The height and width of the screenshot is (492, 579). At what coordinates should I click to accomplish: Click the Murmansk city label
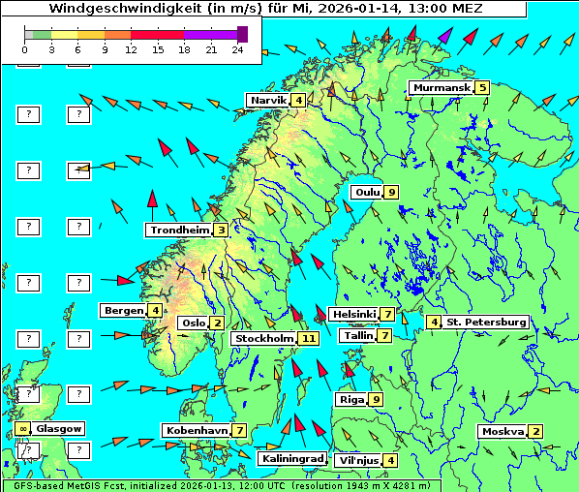441,87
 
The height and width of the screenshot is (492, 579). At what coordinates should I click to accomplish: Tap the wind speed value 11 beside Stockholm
308,338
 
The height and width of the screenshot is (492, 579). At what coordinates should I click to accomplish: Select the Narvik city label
268,100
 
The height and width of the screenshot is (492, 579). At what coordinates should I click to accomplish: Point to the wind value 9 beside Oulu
391,192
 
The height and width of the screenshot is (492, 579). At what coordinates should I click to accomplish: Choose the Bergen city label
123,310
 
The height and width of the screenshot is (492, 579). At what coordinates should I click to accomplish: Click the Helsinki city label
353,314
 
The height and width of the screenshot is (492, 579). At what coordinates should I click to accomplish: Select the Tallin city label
358,335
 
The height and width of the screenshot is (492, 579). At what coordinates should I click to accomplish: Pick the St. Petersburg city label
485,322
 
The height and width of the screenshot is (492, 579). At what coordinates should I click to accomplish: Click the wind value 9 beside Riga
376,399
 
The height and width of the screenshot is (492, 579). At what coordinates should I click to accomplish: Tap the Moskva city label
503,431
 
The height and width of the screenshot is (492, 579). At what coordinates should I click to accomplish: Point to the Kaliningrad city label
291,458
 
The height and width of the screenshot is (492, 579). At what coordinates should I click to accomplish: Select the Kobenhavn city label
196,430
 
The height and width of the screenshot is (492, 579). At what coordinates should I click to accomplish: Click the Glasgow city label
59,428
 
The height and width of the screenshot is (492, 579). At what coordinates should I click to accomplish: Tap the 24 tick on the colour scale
238,48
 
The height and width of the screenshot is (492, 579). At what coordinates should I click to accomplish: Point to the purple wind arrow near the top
444,38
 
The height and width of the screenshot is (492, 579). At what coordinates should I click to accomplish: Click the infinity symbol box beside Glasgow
21,428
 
